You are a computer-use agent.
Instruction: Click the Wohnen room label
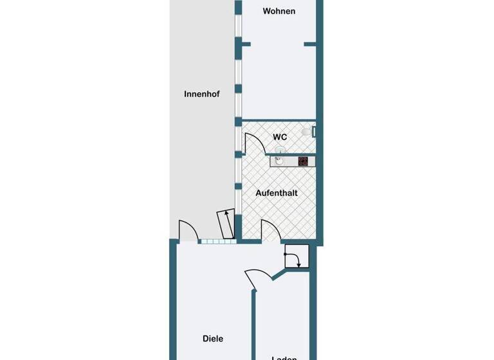coord(279,11)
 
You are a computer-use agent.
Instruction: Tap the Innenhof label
coord(201,94)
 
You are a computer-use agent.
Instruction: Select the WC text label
coord(280,137)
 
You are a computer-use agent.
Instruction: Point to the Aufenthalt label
coord(276,193)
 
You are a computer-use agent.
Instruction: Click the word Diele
coord(213,339)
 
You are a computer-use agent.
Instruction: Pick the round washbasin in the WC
coord(280,150)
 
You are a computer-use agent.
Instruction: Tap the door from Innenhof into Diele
coord(187,230)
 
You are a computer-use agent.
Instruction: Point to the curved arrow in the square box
coord(296,258)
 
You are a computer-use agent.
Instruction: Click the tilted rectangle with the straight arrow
coord(225,222)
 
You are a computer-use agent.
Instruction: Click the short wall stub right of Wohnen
coord(310,44)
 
